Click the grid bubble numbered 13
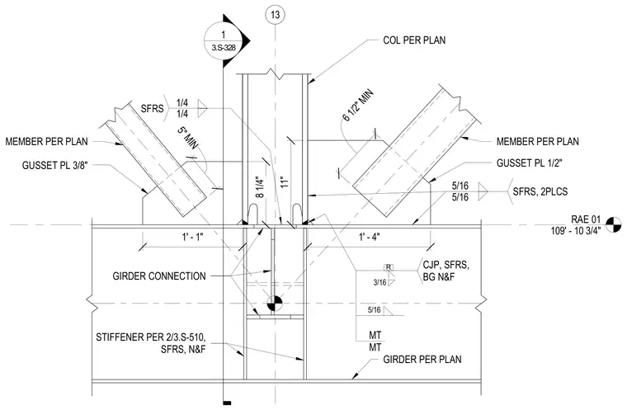click(275, 15)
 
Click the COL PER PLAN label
click(414, 40)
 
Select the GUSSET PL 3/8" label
click(54, 166)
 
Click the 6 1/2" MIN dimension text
click(358, 106)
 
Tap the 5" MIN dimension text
click(189, 139)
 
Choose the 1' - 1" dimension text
click(193, 237)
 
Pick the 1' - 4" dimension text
click(370, 237)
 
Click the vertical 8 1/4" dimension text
click(260, 187)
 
